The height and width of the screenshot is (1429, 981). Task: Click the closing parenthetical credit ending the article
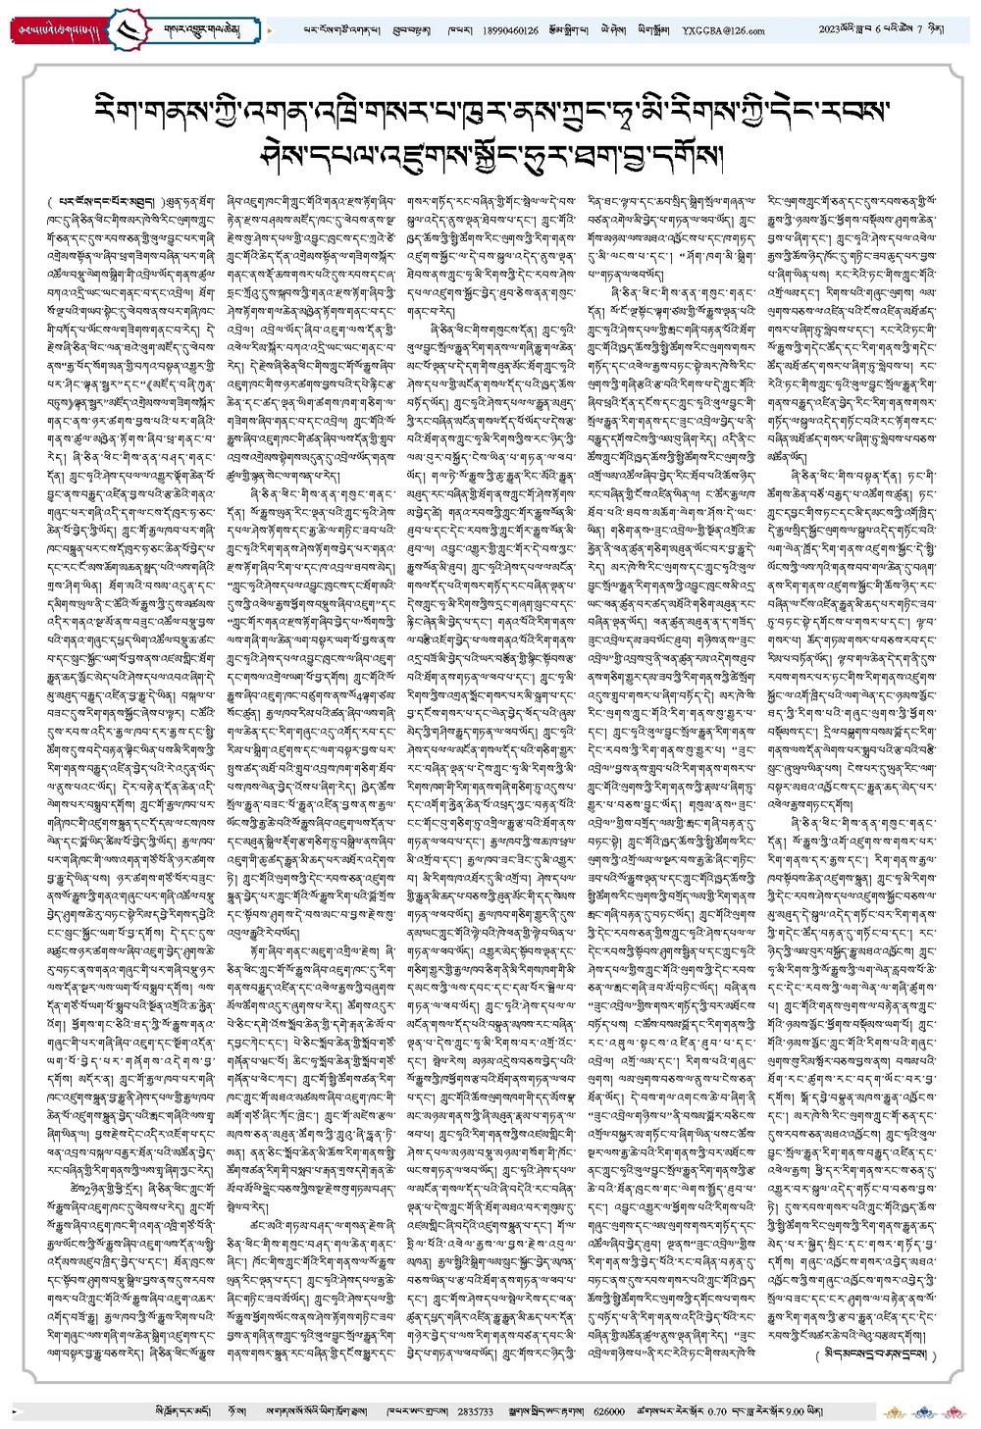(876, 1354)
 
